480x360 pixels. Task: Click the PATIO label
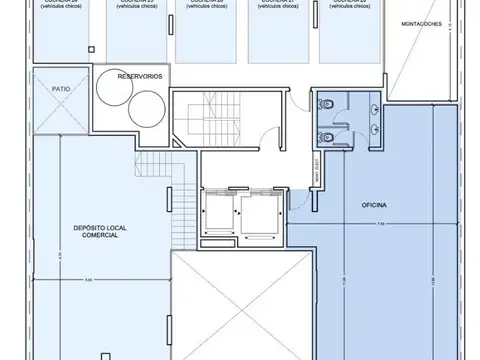[60, 88]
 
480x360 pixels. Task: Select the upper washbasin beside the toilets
[371, 105]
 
